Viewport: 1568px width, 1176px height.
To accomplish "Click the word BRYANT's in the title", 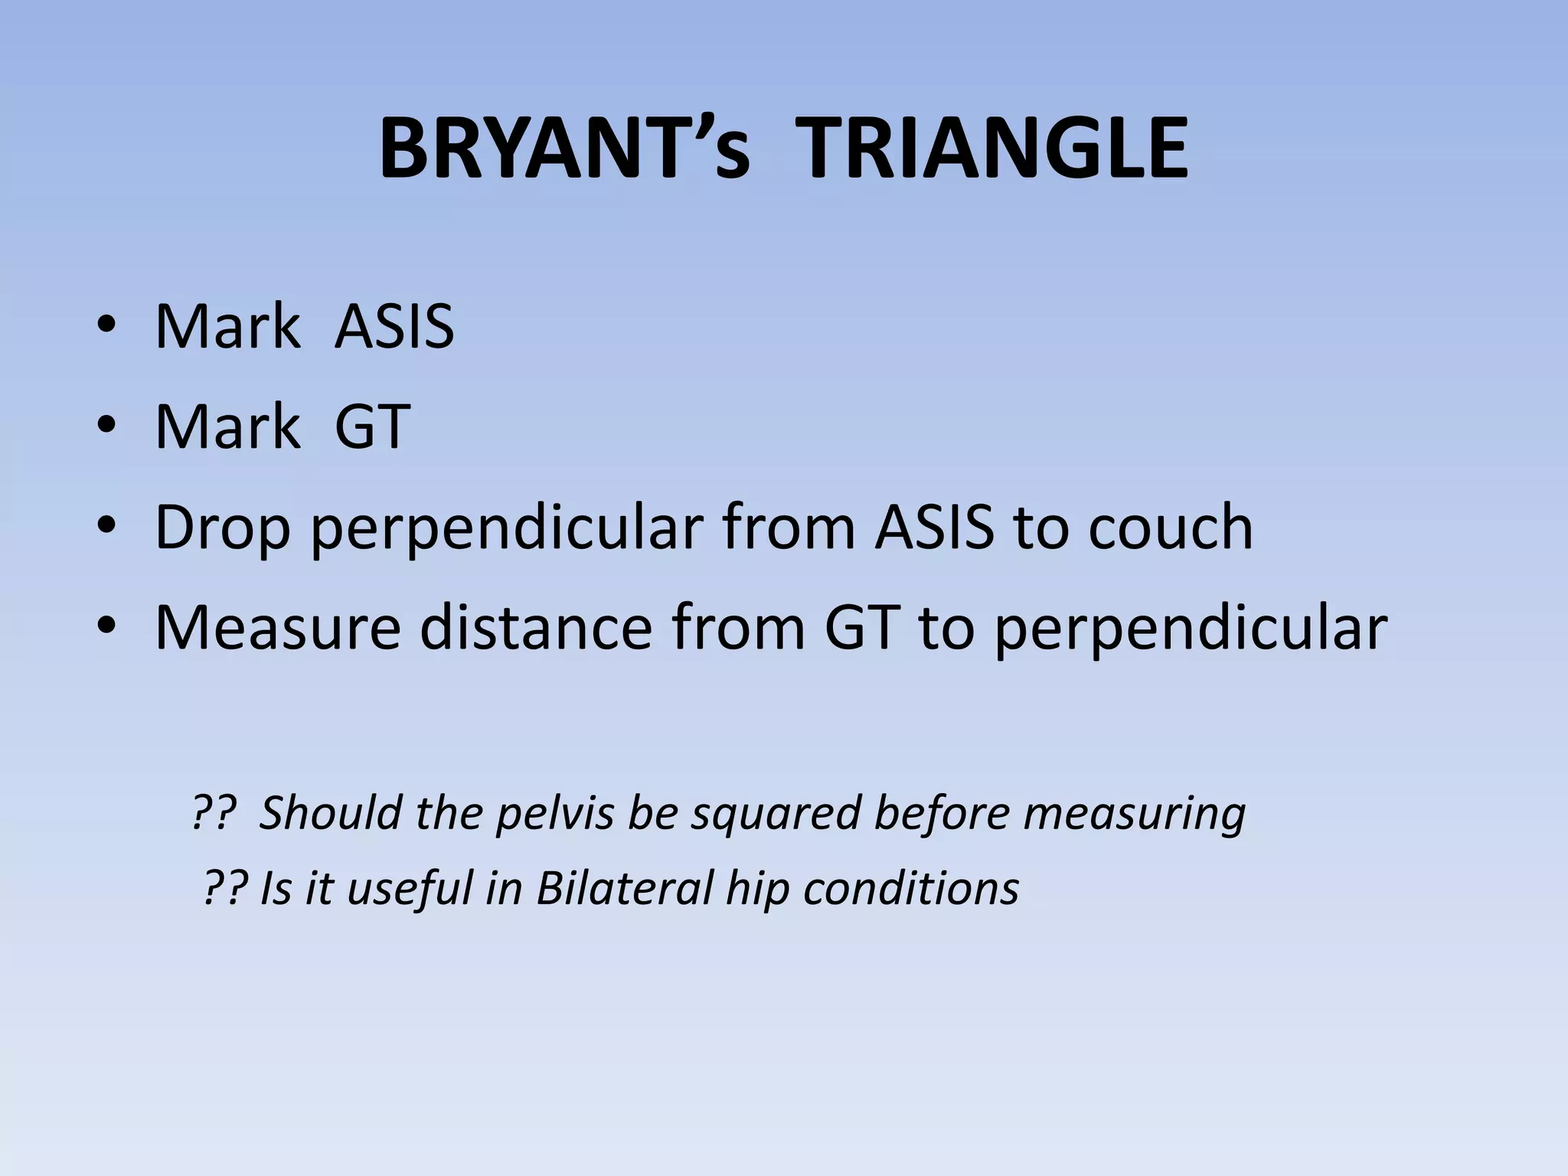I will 564,149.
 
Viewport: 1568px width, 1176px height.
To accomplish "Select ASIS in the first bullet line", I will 394,327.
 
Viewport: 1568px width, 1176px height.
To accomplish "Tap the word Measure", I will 277,628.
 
